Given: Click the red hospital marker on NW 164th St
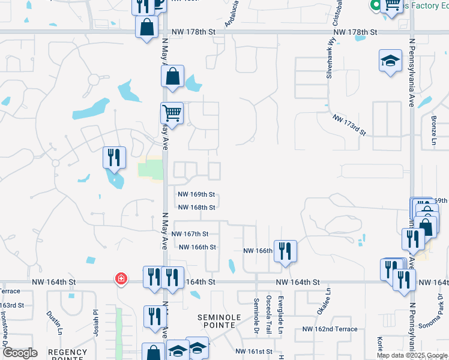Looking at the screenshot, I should click(x=121, y=278).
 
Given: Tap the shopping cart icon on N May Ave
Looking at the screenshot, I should click(x=172, y=112).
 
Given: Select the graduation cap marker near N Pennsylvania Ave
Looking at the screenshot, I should click(x=390, y=61).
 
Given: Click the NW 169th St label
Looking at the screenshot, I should click(x=196, y=194).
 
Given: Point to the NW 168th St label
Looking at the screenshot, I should click(x=196, y=208).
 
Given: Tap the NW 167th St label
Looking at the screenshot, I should click(x=190, y=234).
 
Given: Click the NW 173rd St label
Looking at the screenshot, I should click(x=349, y=123).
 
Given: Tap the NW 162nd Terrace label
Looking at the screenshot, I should click(x=330, y=329).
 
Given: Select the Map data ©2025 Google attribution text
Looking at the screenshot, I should click(x=412, y=355).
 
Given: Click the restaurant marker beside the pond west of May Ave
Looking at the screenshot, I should click(x=113, y=158).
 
